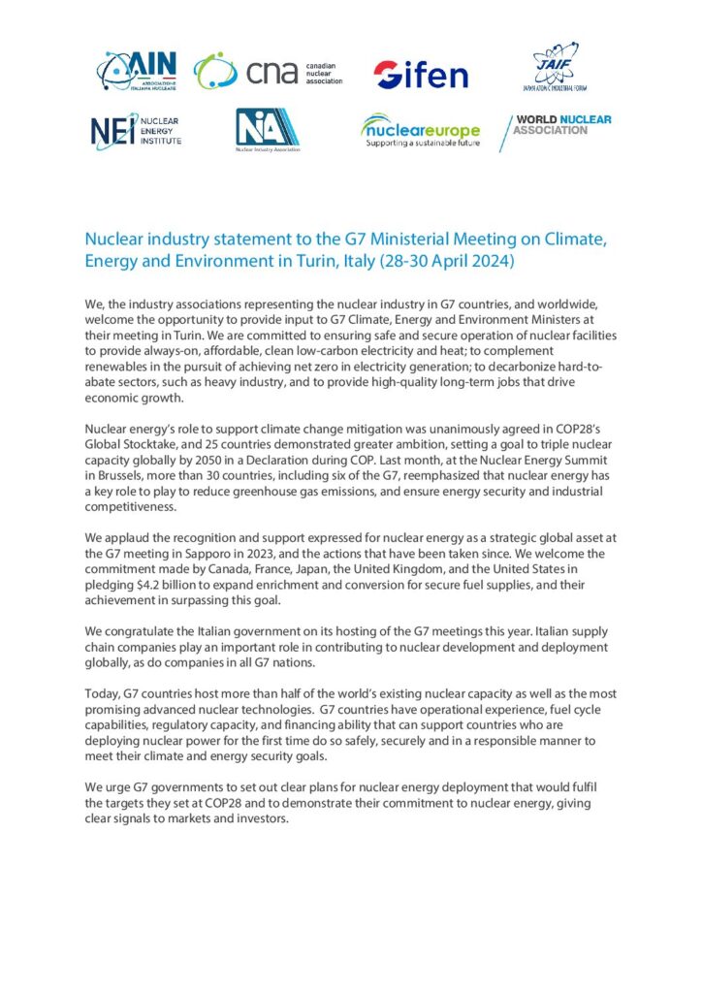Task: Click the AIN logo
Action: (136, 71)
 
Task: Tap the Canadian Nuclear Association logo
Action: (268, 72)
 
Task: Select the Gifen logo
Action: (420, 74)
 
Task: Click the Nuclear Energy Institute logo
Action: (135, 131)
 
